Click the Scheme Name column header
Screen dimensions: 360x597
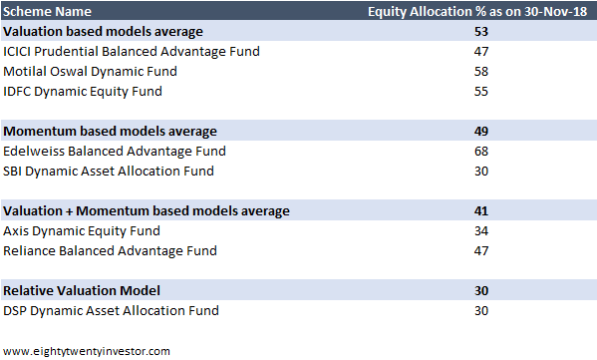coord(48,12)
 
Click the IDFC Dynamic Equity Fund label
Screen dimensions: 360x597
coord(83,92)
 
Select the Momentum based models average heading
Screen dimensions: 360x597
coord(109,131)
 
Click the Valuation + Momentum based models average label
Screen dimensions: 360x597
coord(147,210)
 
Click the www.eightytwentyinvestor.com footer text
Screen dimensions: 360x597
coord(87,350)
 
